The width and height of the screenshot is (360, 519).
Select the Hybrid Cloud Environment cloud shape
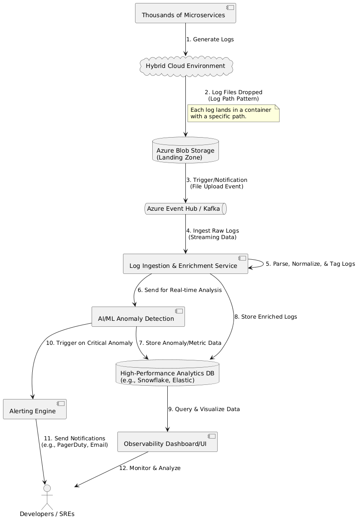[185, 66]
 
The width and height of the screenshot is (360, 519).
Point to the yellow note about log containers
[234, 113]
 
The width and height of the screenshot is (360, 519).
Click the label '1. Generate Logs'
[210, 40]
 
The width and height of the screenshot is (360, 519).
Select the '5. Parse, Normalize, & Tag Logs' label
[310, 264]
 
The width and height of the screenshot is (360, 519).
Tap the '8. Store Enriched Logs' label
[265, 317]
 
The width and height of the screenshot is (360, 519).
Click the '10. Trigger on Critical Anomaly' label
[89, 343]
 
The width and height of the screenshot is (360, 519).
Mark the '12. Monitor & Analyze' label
[150, 468]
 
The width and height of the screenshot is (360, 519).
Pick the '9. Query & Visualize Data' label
[204, 409]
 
